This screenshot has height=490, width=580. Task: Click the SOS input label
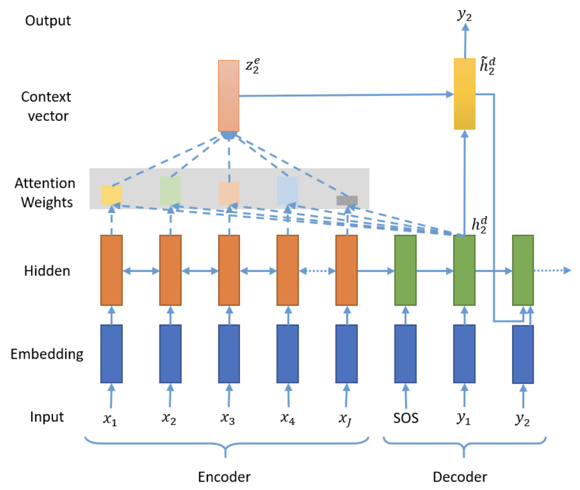pos(406,418)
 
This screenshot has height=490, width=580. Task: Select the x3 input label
pos(227,419)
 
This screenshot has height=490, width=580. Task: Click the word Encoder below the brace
pos(224,477)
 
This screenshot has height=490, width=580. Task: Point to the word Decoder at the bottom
pos(460,477)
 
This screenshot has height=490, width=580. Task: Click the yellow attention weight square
pos(111,195)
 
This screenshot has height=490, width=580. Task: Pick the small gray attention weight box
pos(347,200)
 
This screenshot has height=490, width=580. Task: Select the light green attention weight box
pos(170,191)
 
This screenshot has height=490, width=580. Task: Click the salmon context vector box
pos(229,95)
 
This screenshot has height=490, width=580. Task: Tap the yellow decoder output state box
pos(465,94)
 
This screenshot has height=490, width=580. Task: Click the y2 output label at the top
pos(465,15)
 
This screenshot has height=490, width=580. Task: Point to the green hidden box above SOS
pos(405,271)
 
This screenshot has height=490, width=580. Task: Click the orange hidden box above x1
pos(111,271)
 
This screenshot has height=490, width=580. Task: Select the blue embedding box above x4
pos(288,354)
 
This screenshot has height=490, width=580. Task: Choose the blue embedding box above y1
pos(464,354)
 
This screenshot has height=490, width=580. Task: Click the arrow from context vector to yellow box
pos(346,95)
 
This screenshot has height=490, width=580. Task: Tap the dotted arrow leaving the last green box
pos(552,271)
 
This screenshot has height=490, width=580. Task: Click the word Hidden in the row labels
pos(47,271)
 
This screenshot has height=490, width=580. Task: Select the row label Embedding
pos(47,354)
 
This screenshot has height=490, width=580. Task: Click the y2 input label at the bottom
pos(522,420)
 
